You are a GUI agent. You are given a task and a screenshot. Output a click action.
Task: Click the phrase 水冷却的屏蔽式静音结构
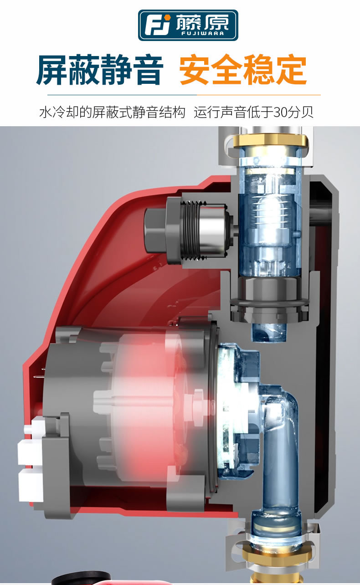(x=113, y=112)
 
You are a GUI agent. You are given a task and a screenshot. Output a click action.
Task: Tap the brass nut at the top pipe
(x=270, y=141)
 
